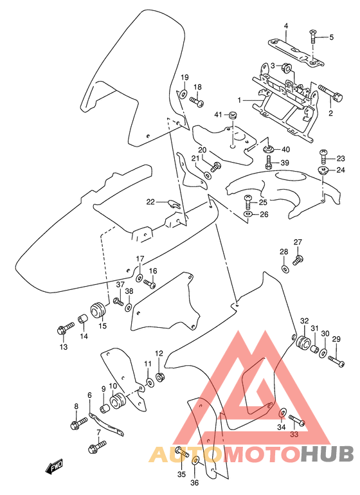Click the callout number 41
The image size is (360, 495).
(218, 115)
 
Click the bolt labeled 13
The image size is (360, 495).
(63, 330)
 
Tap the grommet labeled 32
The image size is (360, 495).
(301, 341)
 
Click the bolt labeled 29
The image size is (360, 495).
(336, 361)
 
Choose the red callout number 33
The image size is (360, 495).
(295, 435)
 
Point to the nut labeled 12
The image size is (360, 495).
(161, 375)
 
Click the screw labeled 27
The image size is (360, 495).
(298, 260)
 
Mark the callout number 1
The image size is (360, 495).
(239, 101)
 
